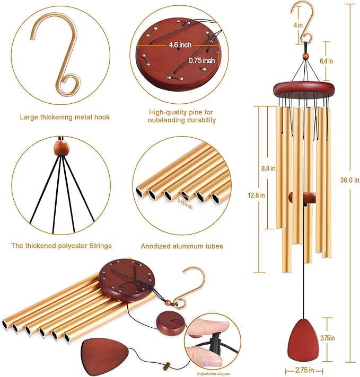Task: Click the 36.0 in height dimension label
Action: point(349,179)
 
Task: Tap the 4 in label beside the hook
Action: point(298,24)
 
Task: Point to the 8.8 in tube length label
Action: point(268,169)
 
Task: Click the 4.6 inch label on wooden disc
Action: point(180,44)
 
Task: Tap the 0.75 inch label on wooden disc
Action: point(203,60)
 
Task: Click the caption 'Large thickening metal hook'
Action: point(65,117)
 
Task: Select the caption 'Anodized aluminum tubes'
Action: point(182,246)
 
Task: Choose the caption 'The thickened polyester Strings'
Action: point(62,246)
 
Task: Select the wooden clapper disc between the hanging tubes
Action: point(302,198)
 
